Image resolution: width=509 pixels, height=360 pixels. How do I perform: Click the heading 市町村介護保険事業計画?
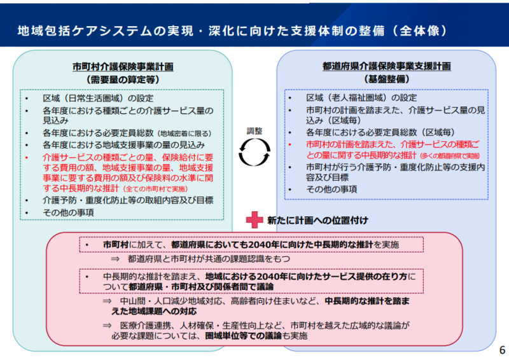(x=123, y=67)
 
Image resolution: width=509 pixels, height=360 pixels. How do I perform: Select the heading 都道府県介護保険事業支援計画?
(x=387, y=67)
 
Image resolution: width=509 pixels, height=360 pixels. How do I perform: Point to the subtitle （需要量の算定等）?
(x=123, y=80)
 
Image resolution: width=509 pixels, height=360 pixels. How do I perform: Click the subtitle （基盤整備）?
(x=387, y=80)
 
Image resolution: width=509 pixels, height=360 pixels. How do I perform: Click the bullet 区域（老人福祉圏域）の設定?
(x=361, y=99)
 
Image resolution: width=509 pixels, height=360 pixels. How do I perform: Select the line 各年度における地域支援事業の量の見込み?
(x=123, y=145)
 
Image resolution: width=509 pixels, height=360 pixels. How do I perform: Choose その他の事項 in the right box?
(x=331, y=189)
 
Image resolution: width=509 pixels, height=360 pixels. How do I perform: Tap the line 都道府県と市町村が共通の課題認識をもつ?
(x=209, y=260)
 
